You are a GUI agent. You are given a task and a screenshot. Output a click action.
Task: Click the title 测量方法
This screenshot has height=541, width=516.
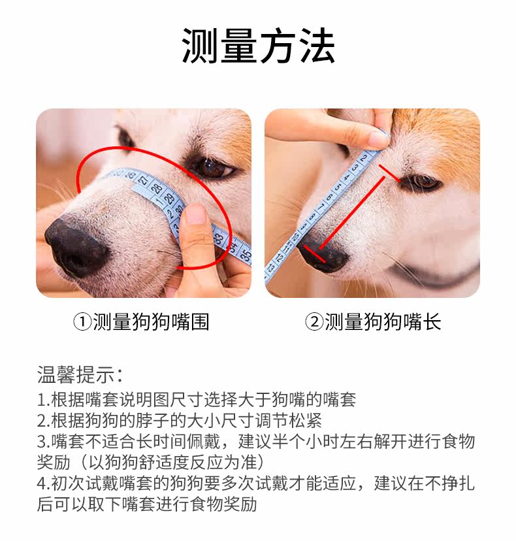tap(259, 46)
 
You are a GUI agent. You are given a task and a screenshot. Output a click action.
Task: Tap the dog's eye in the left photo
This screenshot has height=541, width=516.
tap(212, 167)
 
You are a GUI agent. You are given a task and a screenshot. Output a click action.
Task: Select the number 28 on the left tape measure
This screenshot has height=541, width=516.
tap(157, 188)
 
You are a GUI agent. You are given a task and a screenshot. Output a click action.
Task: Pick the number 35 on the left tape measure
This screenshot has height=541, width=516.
tap(245, 255)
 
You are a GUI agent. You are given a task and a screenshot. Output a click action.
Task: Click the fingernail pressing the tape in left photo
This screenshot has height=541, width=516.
tap(195, 214)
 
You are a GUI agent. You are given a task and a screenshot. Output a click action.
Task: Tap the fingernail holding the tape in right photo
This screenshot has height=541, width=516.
tap(378, 139)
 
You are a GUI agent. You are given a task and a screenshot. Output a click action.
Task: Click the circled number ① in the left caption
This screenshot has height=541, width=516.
tap(82, 322)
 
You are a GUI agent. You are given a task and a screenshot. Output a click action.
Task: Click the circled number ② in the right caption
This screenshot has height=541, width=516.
tap(314, 322)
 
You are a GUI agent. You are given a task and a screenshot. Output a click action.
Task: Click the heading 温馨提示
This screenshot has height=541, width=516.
tap(76, 374)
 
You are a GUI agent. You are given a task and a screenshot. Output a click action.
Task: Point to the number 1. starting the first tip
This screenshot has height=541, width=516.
tap(44, 400)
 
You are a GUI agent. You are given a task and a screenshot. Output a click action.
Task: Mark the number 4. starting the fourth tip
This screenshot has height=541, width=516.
tap(44, 484)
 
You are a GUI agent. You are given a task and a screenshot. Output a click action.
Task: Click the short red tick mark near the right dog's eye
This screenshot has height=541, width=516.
tap(390, 174)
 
